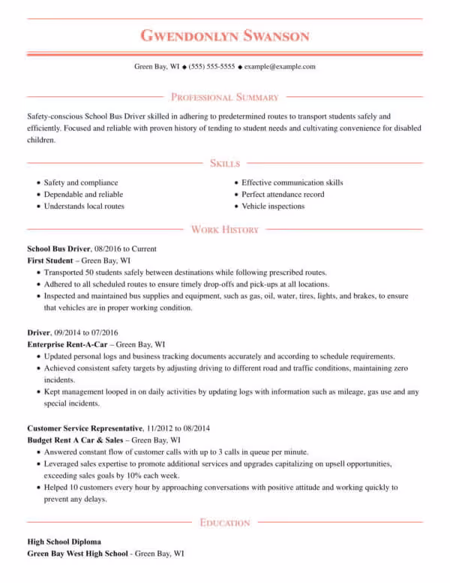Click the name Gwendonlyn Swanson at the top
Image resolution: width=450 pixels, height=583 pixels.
pos(225,35)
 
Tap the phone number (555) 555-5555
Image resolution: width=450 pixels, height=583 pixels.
pos(211,66)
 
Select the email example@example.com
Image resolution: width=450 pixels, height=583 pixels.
pos(280,66)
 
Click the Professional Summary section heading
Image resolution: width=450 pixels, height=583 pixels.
pos(225,97)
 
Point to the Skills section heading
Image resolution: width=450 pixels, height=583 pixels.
pos(225,163)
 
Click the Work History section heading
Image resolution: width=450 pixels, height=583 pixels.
pos(225,229)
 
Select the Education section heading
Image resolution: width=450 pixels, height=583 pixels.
pos(225,522)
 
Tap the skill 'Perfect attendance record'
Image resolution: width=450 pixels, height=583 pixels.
pos(283,195)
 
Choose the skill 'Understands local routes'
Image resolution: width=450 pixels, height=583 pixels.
pos(84,206)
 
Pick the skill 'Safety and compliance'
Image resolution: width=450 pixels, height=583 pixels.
pos(81,183)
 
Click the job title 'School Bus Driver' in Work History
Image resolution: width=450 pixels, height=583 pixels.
pos(58,248)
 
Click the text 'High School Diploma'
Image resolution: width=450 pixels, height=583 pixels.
pos(64,541)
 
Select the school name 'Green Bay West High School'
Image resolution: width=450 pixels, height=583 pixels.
pos(73,553)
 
